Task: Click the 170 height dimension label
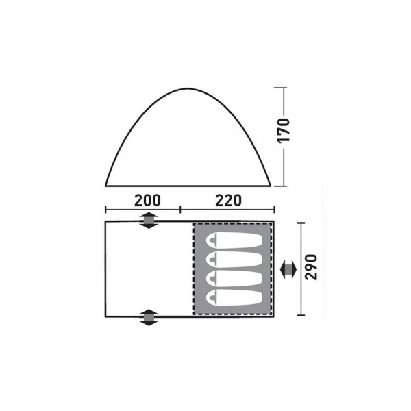coord(284,130)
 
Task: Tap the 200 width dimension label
coord(147,201)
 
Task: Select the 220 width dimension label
coord(228,201)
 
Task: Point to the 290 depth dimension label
coord(312,267)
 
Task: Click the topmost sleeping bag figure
coord(234,240)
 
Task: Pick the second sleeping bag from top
coord(234,260)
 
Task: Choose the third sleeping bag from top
coord(234,279)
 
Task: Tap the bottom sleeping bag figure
coord(234,298)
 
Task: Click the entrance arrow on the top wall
coord(149,221)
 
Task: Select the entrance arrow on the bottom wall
coord(149,317)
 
